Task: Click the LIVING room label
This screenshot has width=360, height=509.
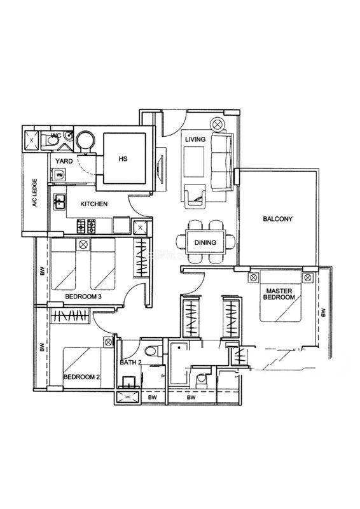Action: (195, 139)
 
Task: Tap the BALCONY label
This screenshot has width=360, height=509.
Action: (277, 219)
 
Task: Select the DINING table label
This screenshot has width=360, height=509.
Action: (205, 242)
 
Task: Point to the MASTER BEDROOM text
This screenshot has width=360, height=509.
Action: (279, 294)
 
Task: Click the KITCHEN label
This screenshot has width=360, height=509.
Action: (93, 204)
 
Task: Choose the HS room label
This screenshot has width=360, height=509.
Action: (123, 158)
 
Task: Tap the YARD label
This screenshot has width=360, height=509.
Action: (64, 161)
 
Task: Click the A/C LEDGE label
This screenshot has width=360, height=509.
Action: (35, 193)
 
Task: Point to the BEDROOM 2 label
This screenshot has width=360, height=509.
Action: (81, 377)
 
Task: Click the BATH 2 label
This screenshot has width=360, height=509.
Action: (130, 362)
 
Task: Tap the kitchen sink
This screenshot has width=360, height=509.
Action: (59, 202)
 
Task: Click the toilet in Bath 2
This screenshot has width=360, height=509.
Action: (153, 351)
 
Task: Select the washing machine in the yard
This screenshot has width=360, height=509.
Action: (59, 174)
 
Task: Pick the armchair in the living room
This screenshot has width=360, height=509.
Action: (195, 197)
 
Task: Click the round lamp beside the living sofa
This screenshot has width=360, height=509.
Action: (217, 124)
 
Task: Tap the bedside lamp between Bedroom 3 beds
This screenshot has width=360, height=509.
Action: (83, 244)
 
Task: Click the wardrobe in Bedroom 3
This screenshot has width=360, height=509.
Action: (142, 258)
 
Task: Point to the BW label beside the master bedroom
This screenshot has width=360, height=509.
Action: (323, 312)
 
